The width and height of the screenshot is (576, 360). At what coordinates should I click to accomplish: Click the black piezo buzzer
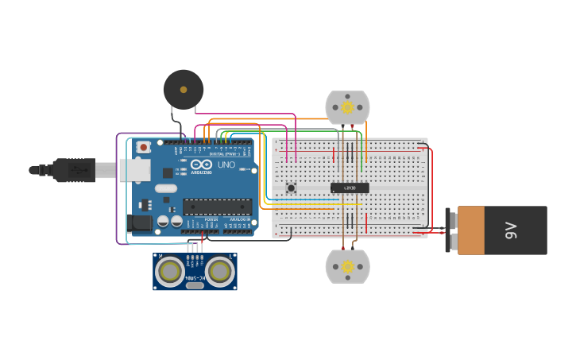tap(184, 88)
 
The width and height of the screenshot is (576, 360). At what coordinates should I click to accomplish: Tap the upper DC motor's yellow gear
tap(347, 106)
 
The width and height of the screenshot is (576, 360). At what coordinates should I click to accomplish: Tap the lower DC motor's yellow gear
tap(347, 267)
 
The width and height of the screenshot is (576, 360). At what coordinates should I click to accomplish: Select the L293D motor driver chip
tap(350, 188)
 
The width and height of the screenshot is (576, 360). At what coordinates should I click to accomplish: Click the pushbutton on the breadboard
tap(291, 188)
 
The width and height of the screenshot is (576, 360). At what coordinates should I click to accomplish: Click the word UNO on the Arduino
tap(226, 164)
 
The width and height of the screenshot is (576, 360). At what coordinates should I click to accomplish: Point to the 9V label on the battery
tap(511, 230)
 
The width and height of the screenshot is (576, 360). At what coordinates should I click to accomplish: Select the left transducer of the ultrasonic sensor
tap(169, 272)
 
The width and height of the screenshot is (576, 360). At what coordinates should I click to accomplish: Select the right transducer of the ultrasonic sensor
tap(219, 272)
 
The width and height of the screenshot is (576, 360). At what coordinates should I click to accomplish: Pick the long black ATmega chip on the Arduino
tap(217, 207)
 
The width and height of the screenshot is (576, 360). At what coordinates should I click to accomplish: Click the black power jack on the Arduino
tap(140, 223)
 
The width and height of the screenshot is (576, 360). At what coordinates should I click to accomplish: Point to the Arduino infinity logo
tap(201, 163)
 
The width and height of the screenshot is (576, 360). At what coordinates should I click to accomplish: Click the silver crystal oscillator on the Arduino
tap(166, 188)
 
